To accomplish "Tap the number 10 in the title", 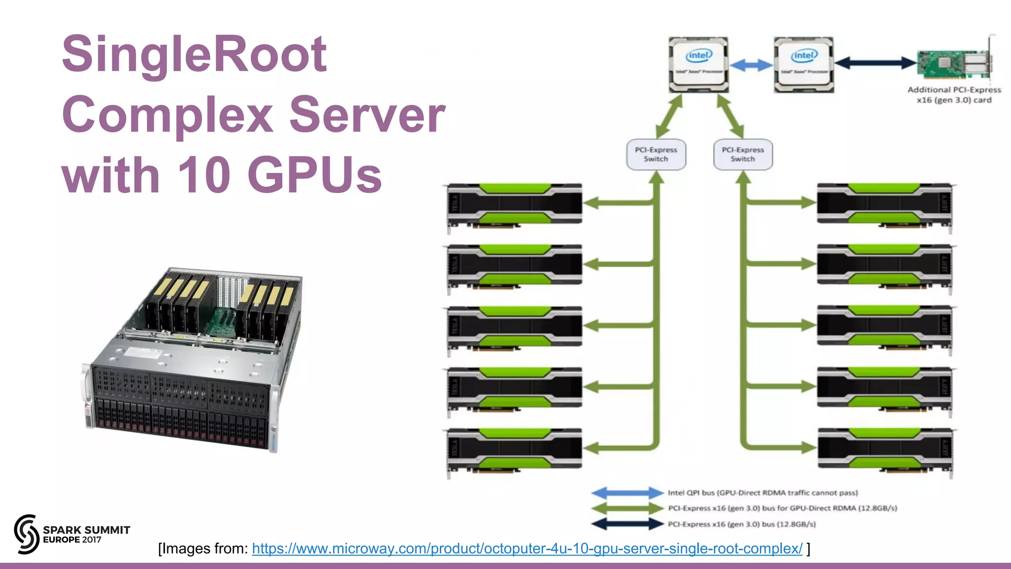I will [204, 175].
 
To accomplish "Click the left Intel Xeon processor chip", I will [699, 65].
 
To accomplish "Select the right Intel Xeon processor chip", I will [804, 65].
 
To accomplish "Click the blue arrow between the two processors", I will [751, 65].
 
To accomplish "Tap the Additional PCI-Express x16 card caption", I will [954, 95].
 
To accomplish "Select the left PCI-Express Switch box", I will [656, 155].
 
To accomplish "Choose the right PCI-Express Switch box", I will [742, 155].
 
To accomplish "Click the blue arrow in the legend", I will [627, 492].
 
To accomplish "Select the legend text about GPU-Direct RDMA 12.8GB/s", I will [782, 508].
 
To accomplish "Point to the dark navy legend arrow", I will [627, 524].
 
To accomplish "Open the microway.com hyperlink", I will [527, 549].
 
